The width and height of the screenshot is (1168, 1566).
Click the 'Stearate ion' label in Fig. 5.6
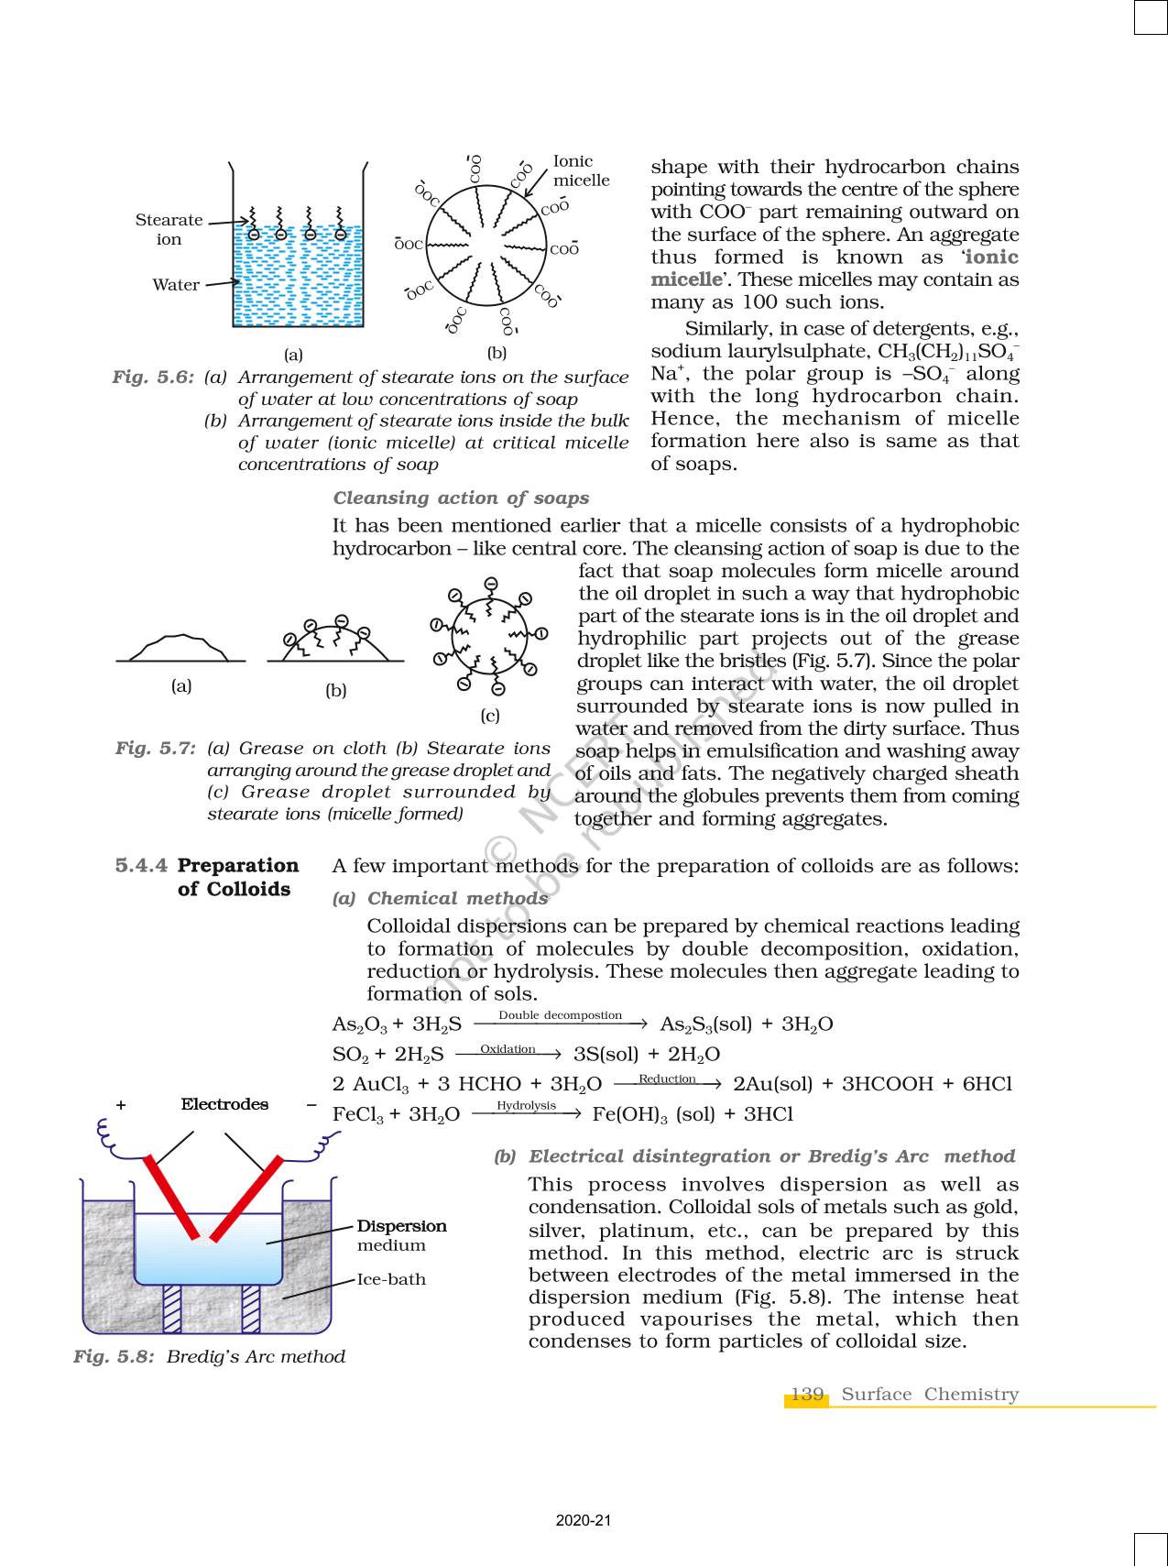(169, 229)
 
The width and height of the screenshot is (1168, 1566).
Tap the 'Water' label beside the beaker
(176, 285)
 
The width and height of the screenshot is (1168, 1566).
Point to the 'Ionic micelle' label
(581, 171)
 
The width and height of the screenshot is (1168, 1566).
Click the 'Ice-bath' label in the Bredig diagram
(391, 1279)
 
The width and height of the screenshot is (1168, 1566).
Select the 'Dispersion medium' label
(401, 1235)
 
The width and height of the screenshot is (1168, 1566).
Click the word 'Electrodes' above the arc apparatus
(224, 1104)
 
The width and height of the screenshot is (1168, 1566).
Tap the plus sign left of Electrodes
(121, 1105)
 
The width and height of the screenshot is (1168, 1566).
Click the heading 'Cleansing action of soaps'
(461, 498)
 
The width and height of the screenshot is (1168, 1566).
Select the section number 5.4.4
(142, 866)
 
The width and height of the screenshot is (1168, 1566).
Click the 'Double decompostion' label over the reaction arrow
(560, 1015)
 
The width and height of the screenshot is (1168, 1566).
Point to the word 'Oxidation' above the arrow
(508, 1049)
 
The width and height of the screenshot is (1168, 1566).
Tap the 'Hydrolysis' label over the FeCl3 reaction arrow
(526, 1106)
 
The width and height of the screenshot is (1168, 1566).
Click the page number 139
(806, 1395)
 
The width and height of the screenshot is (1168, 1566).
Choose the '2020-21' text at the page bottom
(583, 1521)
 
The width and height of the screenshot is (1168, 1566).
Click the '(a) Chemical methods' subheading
(440, 899)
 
